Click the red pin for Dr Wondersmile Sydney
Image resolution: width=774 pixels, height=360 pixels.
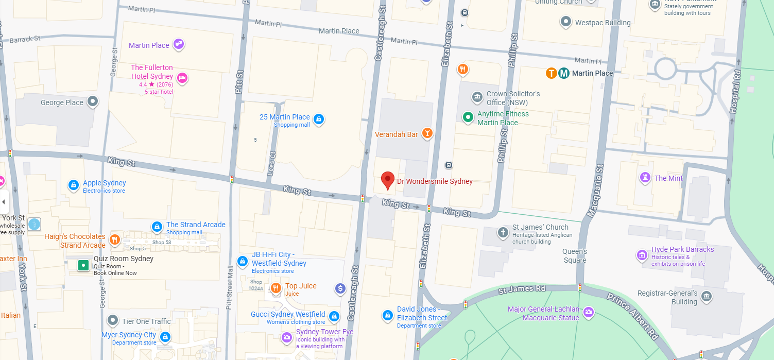click(387, 180)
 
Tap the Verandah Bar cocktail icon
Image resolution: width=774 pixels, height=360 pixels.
click(427, 133)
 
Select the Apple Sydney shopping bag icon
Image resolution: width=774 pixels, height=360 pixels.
click(74, 185)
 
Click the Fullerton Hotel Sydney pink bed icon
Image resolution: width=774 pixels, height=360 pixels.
click(182, 78)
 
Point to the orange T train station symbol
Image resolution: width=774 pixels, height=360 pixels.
click(552, 73)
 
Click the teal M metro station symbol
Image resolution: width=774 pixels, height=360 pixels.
click(564, 73)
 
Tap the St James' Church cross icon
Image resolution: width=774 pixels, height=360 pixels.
click(503, 232)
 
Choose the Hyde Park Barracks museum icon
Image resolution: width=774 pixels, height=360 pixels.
click(642, 255)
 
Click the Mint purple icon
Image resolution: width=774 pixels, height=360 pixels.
click(645, 178)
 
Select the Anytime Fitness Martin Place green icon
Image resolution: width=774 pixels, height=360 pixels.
click(468, 118)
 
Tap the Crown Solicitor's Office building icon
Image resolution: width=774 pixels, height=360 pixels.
click(477, 97)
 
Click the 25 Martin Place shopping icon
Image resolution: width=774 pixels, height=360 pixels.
click(319, 119)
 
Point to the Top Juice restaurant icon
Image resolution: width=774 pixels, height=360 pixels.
click(276, 288)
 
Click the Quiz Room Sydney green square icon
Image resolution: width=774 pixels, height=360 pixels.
click(83, 265)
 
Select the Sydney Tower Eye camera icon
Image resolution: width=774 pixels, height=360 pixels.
click(287, 337)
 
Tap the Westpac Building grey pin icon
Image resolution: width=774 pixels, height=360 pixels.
click(566, 22)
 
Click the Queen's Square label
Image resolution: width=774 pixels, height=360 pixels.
click(575, 256)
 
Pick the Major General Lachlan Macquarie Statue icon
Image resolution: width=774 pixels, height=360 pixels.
click(589, 312)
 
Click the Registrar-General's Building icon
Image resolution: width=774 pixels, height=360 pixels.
click(706, 296)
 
